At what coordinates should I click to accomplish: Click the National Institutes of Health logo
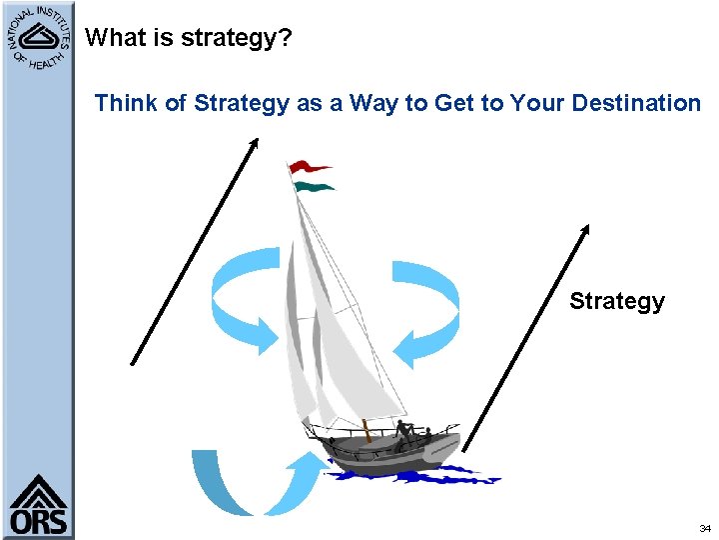tap(38, 40)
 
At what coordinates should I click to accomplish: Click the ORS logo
tap(39, 506)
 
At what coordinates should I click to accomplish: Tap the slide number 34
tap(705, 527)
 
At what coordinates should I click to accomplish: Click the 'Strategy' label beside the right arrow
tap(616, 301)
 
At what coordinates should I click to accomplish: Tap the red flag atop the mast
tap(310, 167)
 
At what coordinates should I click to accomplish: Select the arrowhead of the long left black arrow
tap(254, 143)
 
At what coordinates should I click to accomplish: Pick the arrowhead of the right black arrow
tap(586, 229)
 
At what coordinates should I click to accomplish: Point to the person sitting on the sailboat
tap(403, 431)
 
